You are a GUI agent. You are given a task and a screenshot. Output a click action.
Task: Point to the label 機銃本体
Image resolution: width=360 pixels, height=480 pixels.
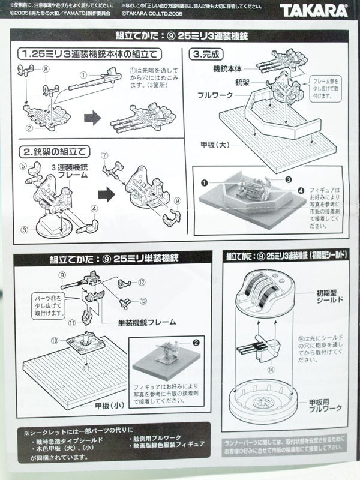click(228, 70)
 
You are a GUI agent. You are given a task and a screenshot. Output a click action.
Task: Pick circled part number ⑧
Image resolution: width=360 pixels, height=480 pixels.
click(44, 70)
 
